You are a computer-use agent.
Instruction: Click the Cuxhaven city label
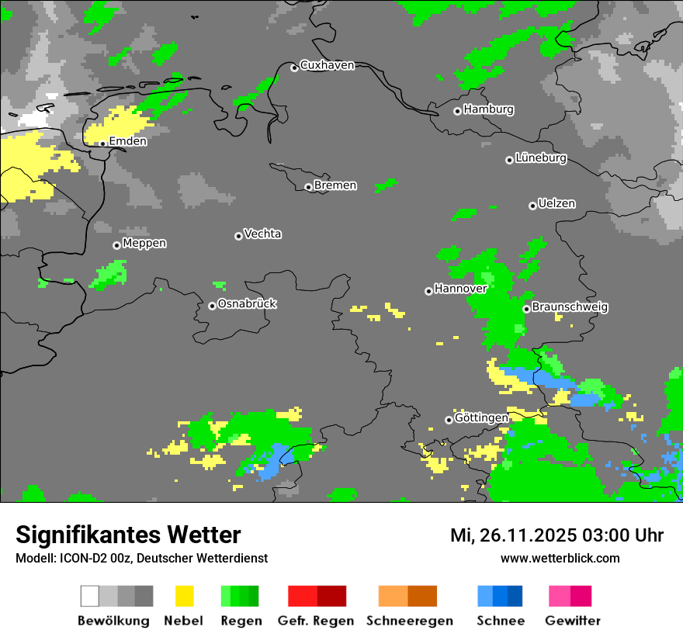[x=327, y=65]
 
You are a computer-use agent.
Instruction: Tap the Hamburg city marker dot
[x=457, y=111]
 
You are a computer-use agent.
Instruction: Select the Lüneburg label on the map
[x=541, y=158]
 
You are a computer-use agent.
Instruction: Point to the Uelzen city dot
[x=532, y=206]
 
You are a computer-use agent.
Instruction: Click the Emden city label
[x=128, y=141]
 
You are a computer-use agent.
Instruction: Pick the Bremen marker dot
[x=308, y=187]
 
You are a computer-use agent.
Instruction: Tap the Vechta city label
[x=263, y=234]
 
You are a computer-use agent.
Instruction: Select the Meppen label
[x=144, y=244]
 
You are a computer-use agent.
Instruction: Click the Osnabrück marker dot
[x=212, y=306]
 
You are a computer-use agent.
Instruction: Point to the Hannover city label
[x=461, y=289]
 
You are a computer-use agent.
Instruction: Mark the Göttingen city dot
[x=449, y=420]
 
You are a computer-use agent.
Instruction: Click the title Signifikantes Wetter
[x=129, y=535]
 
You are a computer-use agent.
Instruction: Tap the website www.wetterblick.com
[x=560, y=559]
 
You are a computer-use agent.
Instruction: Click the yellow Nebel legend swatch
[x=185, y=596]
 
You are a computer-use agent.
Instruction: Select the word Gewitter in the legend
[x=573, y=621]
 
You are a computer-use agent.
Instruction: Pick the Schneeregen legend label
[x=409, y=621]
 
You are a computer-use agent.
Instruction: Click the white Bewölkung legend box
[x=90, y=596]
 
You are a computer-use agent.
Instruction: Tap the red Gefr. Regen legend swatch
[x=303, y=596]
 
